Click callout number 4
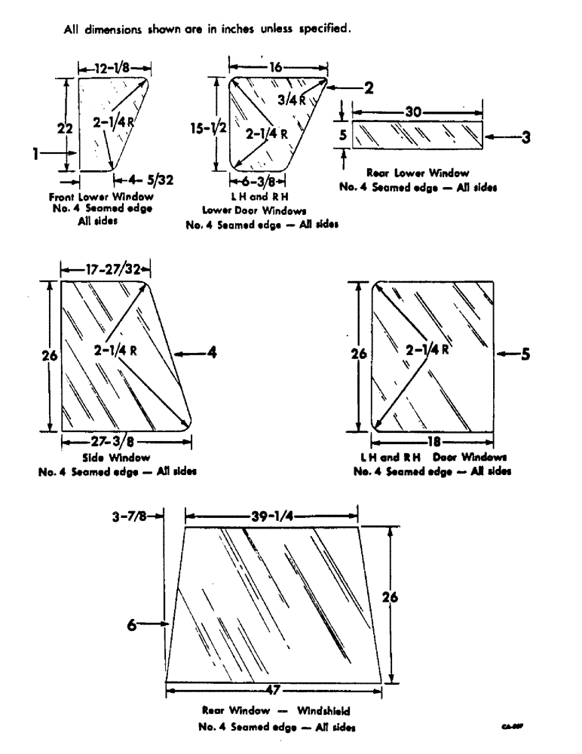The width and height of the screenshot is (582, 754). [213, 352]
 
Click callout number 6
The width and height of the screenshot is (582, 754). [131, 623]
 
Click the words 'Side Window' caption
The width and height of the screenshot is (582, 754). [120, 458]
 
